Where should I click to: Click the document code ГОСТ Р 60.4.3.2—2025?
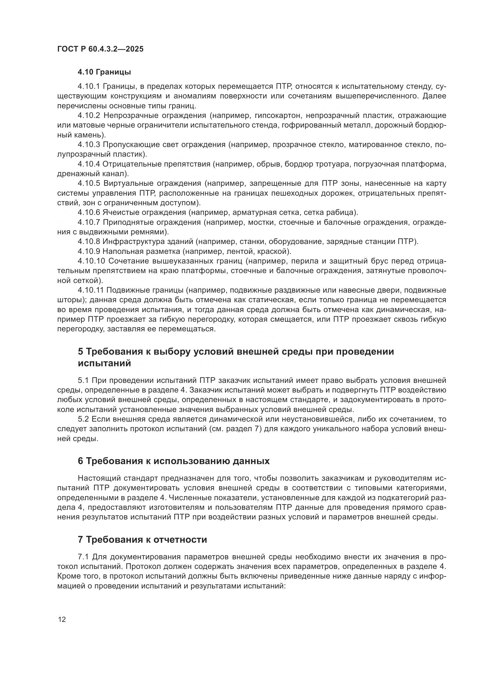point(100,49)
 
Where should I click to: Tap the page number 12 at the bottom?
point(62,619)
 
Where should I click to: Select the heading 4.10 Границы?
point(104,72)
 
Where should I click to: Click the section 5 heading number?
point(81,352)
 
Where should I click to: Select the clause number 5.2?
point(83,419)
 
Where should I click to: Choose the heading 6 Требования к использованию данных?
point(174,461)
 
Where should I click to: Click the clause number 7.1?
point(83,557)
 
